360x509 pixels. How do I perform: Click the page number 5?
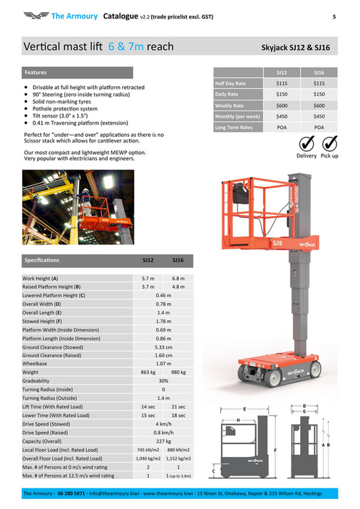(334, 15)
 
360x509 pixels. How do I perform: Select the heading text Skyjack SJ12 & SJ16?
(301, 48)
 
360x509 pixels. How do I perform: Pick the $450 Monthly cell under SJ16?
(319, 115)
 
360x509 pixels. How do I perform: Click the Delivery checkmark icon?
(306, 143)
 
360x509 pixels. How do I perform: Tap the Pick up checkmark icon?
(329, 143)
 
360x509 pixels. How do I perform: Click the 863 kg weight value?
(148, 372)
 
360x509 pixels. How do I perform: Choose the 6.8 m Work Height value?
(178, 278)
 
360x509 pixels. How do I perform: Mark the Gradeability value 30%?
(163, 381)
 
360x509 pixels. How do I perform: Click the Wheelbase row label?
(36, 364)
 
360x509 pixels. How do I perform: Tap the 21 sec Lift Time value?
(178, 406)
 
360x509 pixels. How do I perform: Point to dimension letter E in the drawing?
(245, 410)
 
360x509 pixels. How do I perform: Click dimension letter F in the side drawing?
(274, 451)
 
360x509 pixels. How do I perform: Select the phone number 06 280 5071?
(70, 494)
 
